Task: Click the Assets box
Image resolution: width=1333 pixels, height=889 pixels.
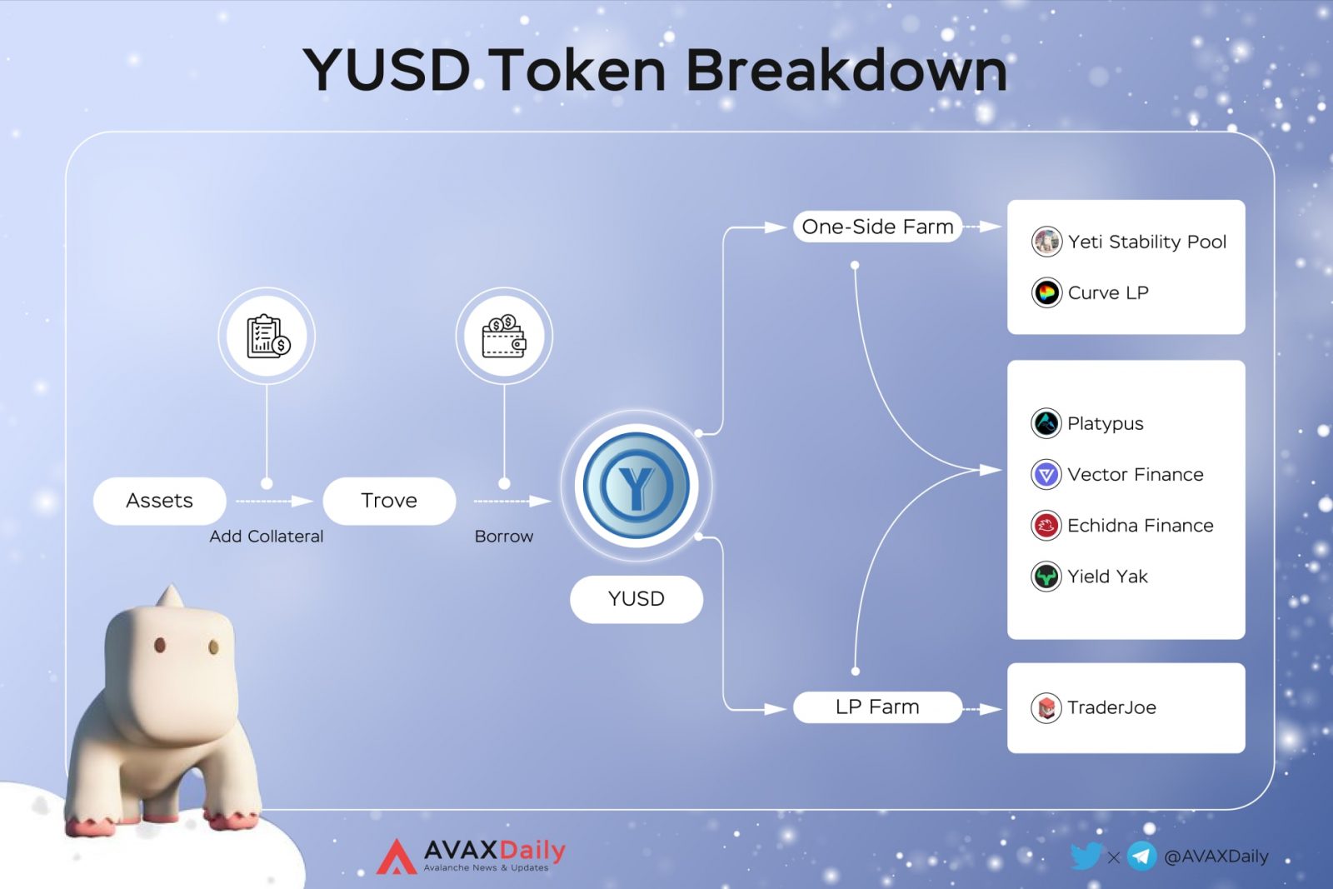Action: pyautogui.click(x=159, y=501)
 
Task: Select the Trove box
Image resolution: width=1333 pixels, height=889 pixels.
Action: pyautogui.click(x=389, y=501)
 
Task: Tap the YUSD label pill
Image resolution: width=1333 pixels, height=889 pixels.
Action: pyautogui.click(x=637, y=598)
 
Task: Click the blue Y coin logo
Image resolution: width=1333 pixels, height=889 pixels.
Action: pyautogui.click(x=637, y=486)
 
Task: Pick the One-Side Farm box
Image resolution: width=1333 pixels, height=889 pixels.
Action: pyautogui.click(x=877, y=227)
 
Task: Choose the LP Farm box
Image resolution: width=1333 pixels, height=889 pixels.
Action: pyautogui.click(x=877, y=707)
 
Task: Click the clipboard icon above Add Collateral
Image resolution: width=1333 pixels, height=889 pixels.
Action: pyautogui.click(x=267, y=337)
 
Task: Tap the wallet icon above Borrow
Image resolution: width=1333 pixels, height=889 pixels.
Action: pyautogui.click(x=504, y=337)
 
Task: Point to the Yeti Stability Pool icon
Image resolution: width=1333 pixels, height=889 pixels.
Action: pyautogui.click(x=1046, y=242)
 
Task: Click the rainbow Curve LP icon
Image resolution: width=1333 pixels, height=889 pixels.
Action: pyautogui.click(x=1046, y=292)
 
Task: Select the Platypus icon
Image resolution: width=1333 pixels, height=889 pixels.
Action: pyautogui.click(x=1046, y=423)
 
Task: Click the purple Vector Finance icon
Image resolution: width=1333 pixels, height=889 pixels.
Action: pyautogui.click(x=1046, y=474)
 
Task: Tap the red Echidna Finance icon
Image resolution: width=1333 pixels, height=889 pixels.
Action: pyautogui.click(x=1046, y=526)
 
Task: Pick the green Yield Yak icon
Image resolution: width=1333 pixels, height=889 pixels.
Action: pyautogui.click(x=1046, y=576)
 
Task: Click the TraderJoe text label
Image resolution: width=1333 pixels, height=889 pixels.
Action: pyautogui.click(x=1111, y=707)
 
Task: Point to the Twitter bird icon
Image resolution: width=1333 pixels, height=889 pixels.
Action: pyautogui.click(x=1086, y=857)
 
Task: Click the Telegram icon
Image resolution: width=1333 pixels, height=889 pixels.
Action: pyautogui.click(x=1141, y=857)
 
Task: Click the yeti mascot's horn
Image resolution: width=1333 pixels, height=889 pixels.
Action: pyautogui.click(x=171, y=596)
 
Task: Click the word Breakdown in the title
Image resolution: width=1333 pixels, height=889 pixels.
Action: pyautogui.click(x=846, y=70)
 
